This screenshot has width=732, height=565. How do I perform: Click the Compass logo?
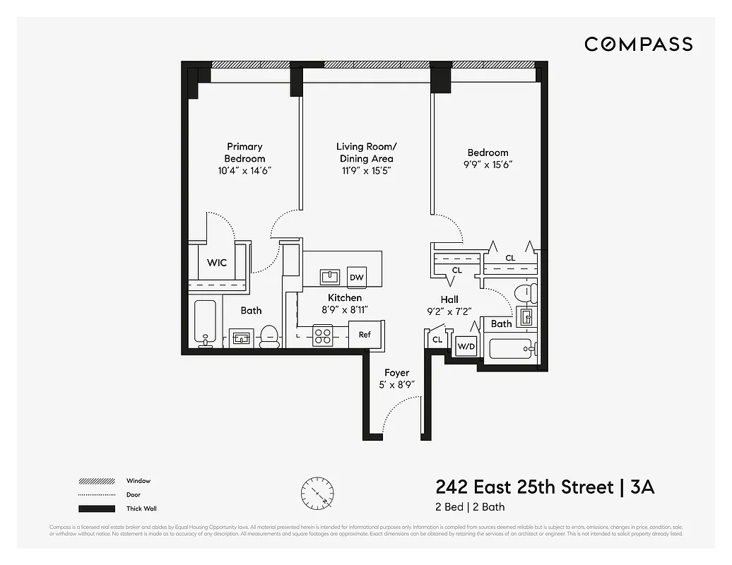(638, 44)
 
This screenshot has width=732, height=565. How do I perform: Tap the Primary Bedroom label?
(244, 153)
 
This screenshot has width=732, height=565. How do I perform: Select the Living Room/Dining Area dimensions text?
(366, 171)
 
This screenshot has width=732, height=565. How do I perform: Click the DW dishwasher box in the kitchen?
(357, 277)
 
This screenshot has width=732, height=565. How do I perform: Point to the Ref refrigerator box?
(365, 335)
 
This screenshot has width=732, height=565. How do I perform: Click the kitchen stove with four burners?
(323, 335)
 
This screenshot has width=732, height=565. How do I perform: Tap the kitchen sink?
(330, 276)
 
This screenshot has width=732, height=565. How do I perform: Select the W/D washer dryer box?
(466, 346)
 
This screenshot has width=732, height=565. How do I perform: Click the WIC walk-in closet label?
(217, 263)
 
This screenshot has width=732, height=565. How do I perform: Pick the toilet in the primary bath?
(269, 336)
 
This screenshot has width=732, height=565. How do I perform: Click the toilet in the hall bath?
(524, 292)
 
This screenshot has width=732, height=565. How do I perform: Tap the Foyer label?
(396, 373)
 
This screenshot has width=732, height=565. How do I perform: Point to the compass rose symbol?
(317, 492)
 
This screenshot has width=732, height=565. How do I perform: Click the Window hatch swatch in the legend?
(96, 481)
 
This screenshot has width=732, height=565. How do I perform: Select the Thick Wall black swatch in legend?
(96, 509)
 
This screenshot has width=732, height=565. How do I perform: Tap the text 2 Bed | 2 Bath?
(470, 506)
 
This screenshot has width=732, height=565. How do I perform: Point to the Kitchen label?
(344, 298)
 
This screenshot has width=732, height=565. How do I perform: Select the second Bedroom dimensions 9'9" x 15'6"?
(488, 165)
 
